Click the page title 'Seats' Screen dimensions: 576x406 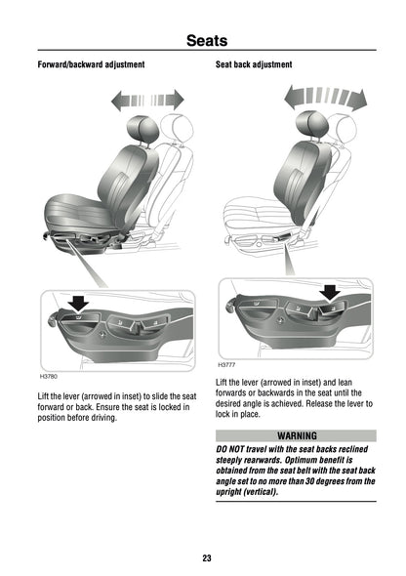coord(206,40)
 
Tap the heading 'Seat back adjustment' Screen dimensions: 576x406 coord(253,64)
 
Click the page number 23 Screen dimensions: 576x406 coord(206,557)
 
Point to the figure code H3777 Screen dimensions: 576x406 coord(226,364)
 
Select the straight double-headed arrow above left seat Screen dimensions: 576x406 coord(147,99)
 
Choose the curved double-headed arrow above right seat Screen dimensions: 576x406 coord(324,98)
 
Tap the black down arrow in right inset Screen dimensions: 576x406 coord(331,290)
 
